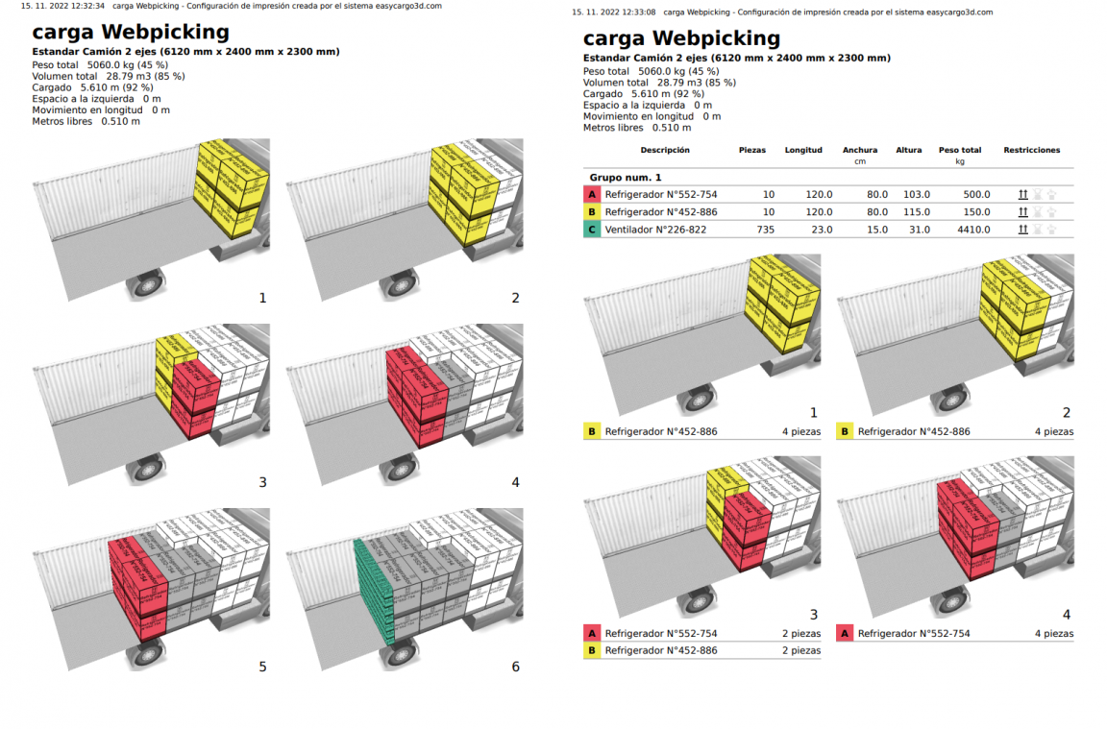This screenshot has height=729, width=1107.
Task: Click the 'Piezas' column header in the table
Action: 752,150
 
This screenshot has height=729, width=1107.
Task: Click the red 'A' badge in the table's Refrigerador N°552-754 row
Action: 592,194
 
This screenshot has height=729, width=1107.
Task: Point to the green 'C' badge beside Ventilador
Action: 592,230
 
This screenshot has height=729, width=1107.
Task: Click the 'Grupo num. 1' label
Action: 625,178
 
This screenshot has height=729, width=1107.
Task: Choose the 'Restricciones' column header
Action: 1031,150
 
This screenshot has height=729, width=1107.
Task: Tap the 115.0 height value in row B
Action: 916,212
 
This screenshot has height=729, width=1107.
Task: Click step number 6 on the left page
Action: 515,667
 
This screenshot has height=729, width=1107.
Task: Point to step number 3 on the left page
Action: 262,482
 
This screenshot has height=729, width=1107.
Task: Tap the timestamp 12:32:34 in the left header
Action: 85,6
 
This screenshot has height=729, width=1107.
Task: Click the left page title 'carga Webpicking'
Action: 131,32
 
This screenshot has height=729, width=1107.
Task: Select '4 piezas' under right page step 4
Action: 1053,634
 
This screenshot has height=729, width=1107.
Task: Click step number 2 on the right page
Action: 1066,413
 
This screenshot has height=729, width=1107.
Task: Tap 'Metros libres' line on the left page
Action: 86,121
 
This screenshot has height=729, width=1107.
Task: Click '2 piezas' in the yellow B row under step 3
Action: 800,651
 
